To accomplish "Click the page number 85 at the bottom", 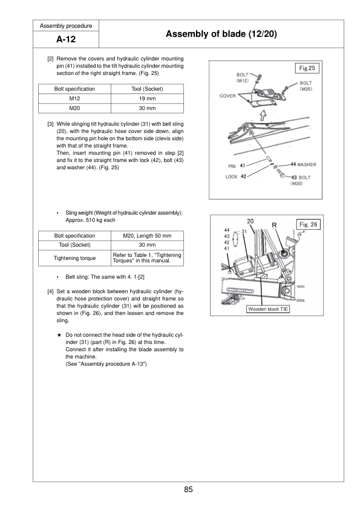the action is tap(188, 489).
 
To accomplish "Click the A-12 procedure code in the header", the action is tap(66, 39).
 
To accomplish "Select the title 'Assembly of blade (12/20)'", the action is tap(221, 34).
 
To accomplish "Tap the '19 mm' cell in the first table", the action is tap(147, 99).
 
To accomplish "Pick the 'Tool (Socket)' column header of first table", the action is tap(147, 89).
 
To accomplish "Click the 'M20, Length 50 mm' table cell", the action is tap(147, 236).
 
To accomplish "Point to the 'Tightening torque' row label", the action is tap(75, 258).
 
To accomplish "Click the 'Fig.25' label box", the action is tap(307, 68).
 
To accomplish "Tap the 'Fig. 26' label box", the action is tap(309, 224).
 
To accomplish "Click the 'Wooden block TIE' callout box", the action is tap(268, 309).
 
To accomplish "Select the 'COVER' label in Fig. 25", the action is tap(227, 96).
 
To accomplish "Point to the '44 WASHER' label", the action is tap(303, 164).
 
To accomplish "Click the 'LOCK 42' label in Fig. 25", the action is tap(236, 177).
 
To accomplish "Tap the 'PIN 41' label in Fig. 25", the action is tap(237, 166).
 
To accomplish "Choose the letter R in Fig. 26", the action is tap(274, 225).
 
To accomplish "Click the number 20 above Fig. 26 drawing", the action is tap(250, 221).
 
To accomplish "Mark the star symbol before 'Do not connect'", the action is tap(59, 335).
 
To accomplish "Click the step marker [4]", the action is tap(50, 291).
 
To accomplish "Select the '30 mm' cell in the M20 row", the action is tap(147, 108).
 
